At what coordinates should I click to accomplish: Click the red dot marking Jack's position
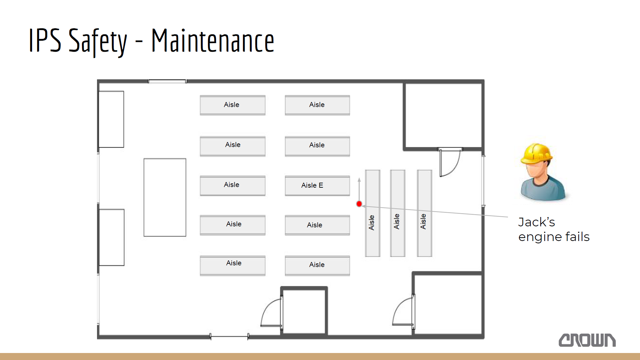tap(359, 204)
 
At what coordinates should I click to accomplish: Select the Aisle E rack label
tap(312, 185)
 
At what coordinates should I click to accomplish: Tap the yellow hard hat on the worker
tap(536, 154)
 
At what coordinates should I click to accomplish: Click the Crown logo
tap(587, 340)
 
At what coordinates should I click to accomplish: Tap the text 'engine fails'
tap(554, 237)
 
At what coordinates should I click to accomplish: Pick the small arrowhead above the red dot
tap(359, 180)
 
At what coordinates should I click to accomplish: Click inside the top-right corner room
tap(443, 115)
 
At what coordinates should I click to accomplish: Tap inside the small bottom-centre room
tap(304, 311)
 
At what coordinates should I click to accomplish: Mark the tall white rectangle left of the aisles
tap(165, 197)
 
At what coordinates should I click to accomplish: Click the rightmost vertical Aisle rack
tap(424, 213)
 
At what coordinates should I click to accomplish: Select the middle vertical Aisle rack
tap(398, 213)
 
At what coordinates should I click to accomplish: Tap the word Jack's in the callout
tap(537, 222)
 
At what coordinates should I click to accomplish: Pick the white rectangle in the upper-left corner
tap(111, 119)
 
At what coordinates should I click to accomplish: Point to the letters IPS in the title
tap(45, 40)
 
